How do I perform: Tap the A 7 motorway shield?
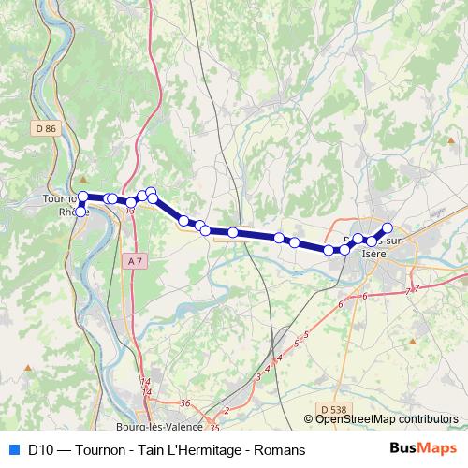[136, 261]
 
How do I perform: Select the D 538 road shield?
[330, 408]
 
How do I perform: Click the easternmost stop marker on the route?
[388, 227]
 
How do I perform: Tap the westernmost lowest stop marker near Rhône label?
[80, 212]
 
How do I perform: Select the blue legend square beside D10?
[13, 449]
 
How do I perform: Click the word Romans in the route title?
[279, 449]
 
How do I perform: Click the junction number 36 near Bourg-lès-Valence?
[185, 403]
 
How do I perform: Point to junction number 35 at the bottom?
[215, 428]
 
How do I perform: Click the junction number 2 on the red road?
[227, 410]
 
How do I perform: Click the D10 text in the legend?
[40, 449]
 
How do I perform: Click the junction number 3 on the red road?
[258, 376]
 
